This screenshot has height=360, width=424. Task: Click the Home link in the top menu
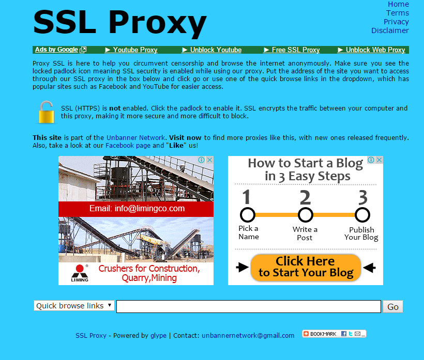tap(398, 4)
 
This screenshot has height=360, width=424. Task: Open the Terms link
tap(398, 13)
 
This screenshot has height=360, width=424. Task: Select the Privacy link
tap(396, 22)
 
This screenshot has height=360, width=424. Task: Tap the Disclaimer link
tap(390, 30)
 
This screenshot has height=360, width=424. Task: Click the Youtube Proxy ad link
tap(131, 50)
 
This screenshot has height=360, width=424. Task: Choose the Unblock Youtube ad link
tap(211, 50)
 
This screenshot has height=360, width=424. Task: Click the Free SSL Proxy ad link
tap(292, 50)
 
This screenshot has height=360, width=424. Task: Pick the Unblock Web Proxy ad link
tap(372, 50)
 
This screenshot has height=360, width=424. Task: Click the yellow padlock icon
tap(47, 113)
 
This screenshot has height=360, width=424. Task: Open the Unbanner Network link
tap(135, 138)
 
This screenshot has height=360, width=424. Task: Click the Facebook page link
tap(128, 146)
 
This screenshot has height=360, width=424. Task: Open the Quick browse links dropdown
tap(74, 306)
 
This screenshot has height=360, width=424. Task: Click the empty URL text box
tap(249, 306)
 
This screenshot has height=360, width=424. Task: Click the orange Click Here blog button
tap(306, 268)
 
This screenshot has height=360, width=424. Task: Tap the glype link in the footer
tap(158, 335)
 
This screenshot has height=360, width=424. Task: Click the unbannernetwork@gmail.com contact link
tap(248, 335)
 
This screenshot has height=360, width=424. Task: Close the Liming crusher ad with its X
tap(209, 160)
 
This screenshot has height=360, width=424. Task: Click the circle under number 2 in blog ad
tap(306, 215)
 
